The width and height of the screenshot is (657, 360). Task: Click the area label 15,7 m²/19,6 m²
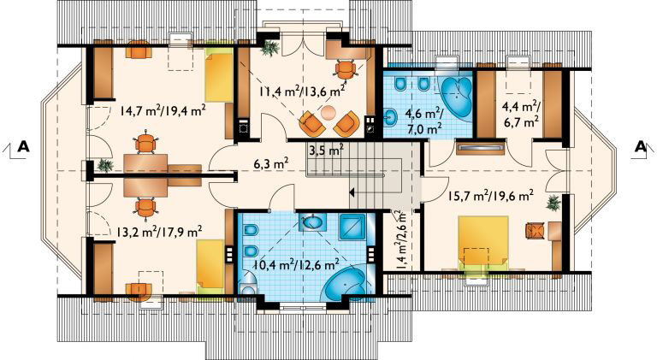pos(491,196)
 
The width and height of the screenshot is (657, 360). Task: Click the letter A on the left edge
pos(24,146)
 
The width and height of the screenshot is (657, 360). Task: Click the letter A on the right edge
pos(638,146)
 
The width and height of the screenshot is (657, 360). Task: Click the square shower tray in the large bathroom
pos(352,227)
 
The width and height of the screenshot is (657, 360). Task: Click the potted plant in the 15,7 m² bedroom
pos(553,204)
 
